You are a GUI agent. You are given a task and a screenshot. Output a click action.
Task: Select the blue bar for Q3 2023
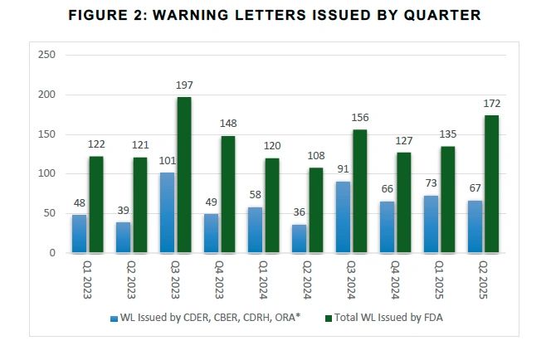[x=167, y=212]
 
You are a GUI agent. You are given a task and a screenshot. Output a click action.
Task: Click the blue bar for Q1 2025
[x=430, y=224]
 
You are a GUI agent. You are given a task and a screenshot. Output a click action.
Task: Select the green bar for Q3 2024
[x=359, y=191]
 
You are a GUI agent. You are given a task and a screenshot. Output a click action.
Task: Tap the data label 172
[x=491, y=105]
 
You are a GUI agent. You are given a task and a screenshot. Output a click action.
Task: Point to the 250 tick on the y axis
[x=47, y=55]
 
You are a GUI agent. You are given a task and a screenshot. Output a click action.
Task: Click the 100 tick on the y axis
[x=47, y=173]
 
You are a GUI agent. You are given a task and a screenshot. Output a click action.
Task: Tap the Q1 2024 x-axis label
[x=262, y=280]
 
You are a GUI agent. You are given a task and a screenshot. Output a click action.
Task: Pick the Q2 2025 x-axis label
[x=481, y=280]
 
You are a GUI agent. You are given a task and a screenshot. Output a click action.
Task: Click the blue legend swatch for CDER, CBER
[x=112, y=317]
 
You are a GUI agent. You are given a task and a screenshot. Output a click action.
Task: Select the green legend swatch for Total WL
[x=329, y=317]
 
